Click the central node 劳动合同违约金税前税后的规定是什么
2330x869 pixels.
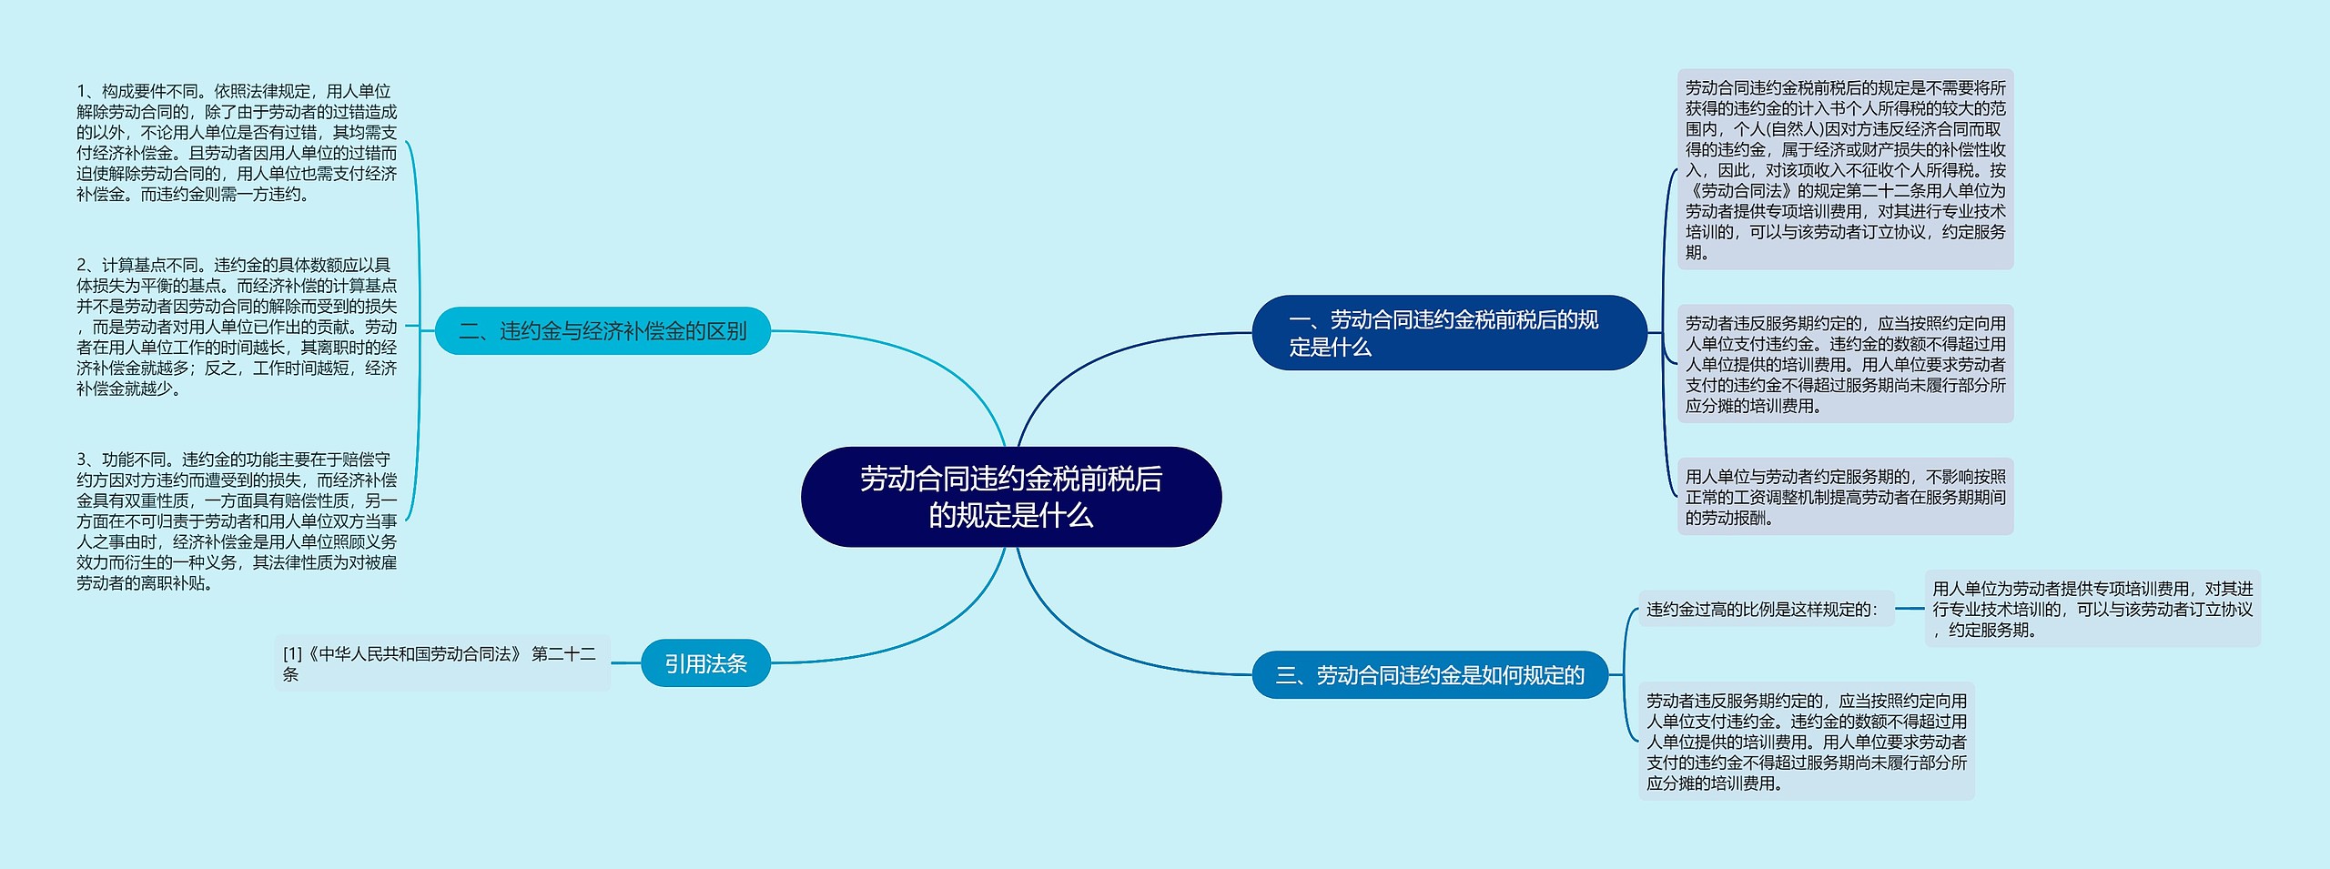1010,497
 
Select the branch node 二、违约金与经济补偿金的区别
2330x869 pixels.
603,330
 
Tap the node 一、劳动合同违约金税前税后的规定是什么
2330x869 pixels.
1448,333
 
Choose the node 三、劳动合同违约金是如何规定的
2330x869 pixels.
1429,675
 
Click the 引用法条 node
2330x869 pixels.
705,663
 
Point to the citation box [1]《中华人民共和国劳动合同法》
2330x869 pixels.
441,663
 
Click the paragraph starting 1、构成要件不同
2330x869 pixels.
237,142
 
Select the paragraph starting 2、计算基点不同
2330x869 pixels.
237,327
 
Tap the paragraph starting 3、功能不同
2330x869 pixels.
237,520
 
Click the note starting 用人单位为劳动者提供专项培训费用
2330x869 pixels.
2092,609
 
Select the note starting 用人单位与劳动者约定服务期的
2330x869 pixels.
1845,497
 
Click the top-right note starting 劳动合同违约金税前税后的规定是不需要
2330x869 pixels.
1845,169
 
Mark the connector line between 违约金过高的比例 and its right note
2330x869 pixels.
1910,609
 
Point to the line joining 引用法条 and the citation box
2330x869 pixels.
625,663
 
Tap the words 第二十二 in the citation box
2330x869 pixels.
563,654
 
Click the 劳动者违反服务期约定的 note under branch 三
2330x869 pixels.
1806,741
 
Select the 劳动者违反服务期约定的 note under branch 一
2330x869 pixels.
1845,364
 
